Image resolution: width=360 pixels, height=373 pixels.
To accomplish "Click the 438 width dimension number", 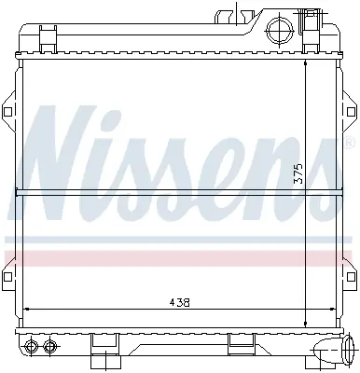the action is click(x=179, y=302).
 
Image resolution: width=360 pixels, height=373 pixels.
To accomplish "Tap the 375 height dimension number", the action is click(x=298, y=174).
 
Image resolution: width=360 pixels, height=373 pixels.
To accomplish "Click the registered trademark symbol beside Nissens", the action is click(x=350, y=142).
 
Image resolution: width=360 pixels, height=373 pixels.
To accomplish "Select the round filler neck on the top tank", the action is click(x=280, y=31).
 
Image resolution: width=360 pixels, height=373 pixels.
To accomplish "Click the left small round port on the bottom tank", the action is click(x=31, y=345).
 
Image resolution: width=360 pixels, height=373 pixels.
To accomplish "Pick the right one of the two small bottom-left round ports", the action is click(x=48, y=345).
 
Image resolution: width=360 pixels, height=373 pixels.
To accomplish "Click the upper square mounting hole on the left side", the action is click(x=7, y=111).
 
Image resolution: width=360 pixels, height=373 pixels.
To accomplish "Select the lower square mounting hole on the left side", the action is click(x=7, y=276).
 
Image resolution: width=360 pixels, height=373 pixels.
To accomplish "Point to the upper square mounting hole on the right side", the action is click(x=351, y=111).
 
